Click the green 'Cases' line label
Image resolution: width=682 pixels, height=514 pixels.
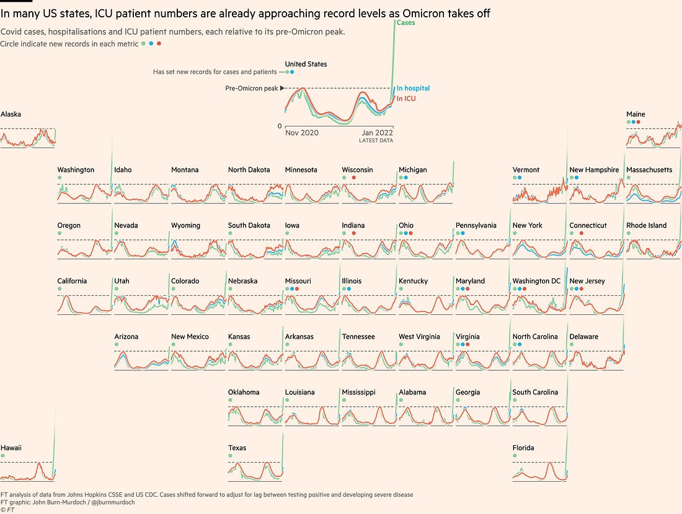click(x=406, y=23)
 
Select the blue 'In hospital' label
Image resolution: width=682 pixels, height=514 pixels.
click(x=413, y=89)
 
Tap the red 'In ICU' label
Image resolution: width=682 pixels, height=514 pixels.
click(x=406, y=99)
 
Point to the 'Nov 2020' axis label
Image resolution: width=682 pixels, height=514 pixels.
click(x=302, y=133)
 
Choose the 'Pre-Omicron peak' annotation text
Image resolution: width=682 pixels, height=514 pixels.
click(x=251, y=89)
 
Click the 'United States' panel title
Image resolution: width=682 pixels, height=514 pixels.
click(x=306, y=64)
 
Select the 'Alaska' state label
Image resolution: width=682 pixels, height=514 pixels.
click(x=11, y=114)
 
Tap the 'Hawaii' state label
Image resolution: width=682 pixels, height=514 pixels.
click(x=11, y=448)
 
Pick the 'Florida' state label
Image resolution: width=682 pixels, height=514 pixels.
click(x=523, y=448)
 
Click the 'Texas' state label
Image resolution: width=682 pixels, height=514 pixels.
click(x=237, y=448)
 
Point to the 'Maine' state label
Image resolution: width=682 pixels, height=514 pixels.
click(x=635, y=114)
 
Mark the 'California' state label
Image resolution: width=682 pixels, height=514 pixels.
click(x=72, y=281)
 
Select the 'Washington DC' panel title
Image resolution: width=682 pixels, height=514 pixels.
click(x=536, y=281)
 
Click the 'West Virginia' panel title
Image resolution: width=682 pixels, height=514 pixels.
click(x=419, y=337)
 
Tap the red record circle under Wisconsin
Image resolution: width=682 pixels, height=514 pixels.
click(x=353, y=178)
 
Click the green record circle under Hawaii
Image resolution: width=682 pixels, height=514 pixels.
click(x=3, y=456)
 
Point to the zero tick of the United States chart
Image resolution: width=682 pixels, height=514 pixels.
click(x=279, y=126)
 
